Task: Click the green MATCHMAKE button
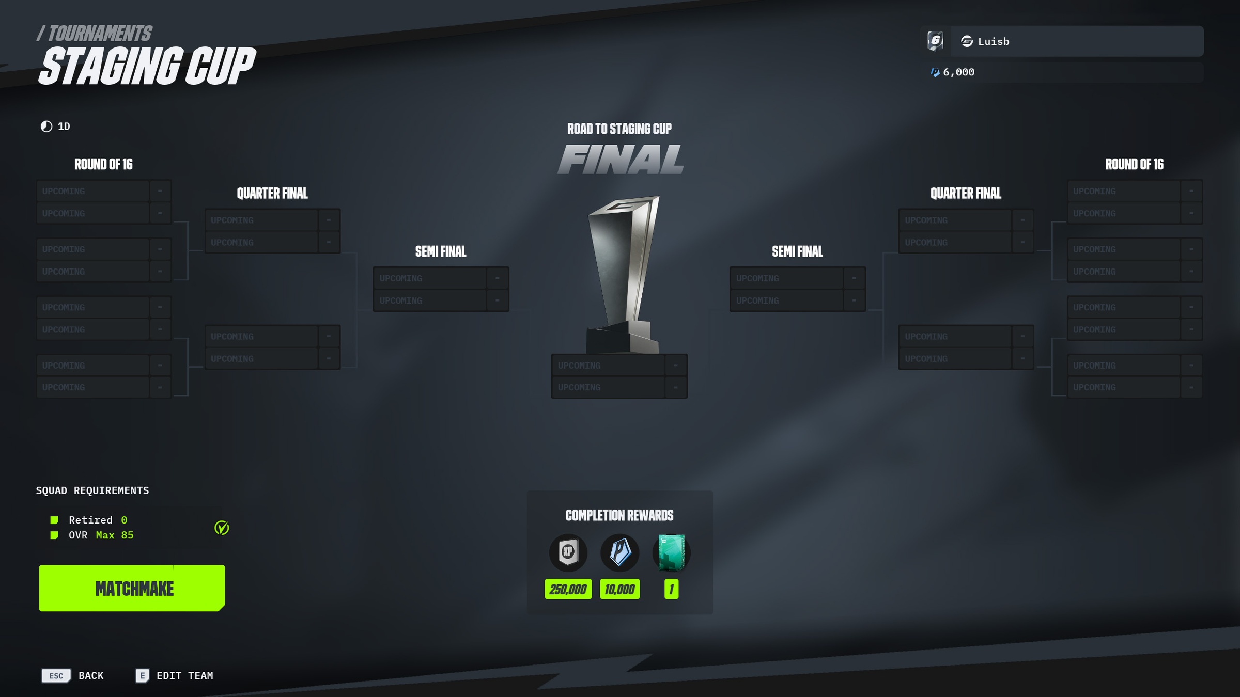point(132,588)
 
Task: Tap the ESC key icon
point(56,675)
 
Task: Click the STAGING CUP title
point(147,66)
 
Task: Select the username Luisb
point(993,41)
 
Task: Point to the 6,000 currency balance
point(958,72)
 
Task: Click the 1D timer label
point(63,126)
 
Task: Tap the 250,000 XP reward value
point(568,589)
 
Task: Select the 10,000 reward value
point(619,589)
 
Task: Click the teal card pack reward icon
point(671,552)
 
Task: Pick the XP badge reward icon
point(568,552)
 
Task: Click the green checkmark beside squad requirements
point(222,528)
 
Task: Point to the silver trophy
point(623,274)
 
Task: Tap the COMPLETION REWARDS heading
point(619,515)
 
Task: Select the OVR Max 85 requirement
point(101,535)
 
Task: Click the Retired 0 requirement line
point(98,520)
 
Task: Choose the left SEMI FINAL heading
point(441,251)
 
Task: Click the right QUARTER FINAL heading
point(966,194)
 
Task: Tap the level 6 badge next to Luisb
point(935,41)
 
